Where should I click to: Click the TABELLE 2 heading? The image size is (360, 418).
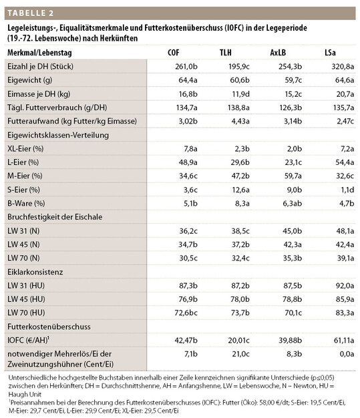click(x=33, y=12)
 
